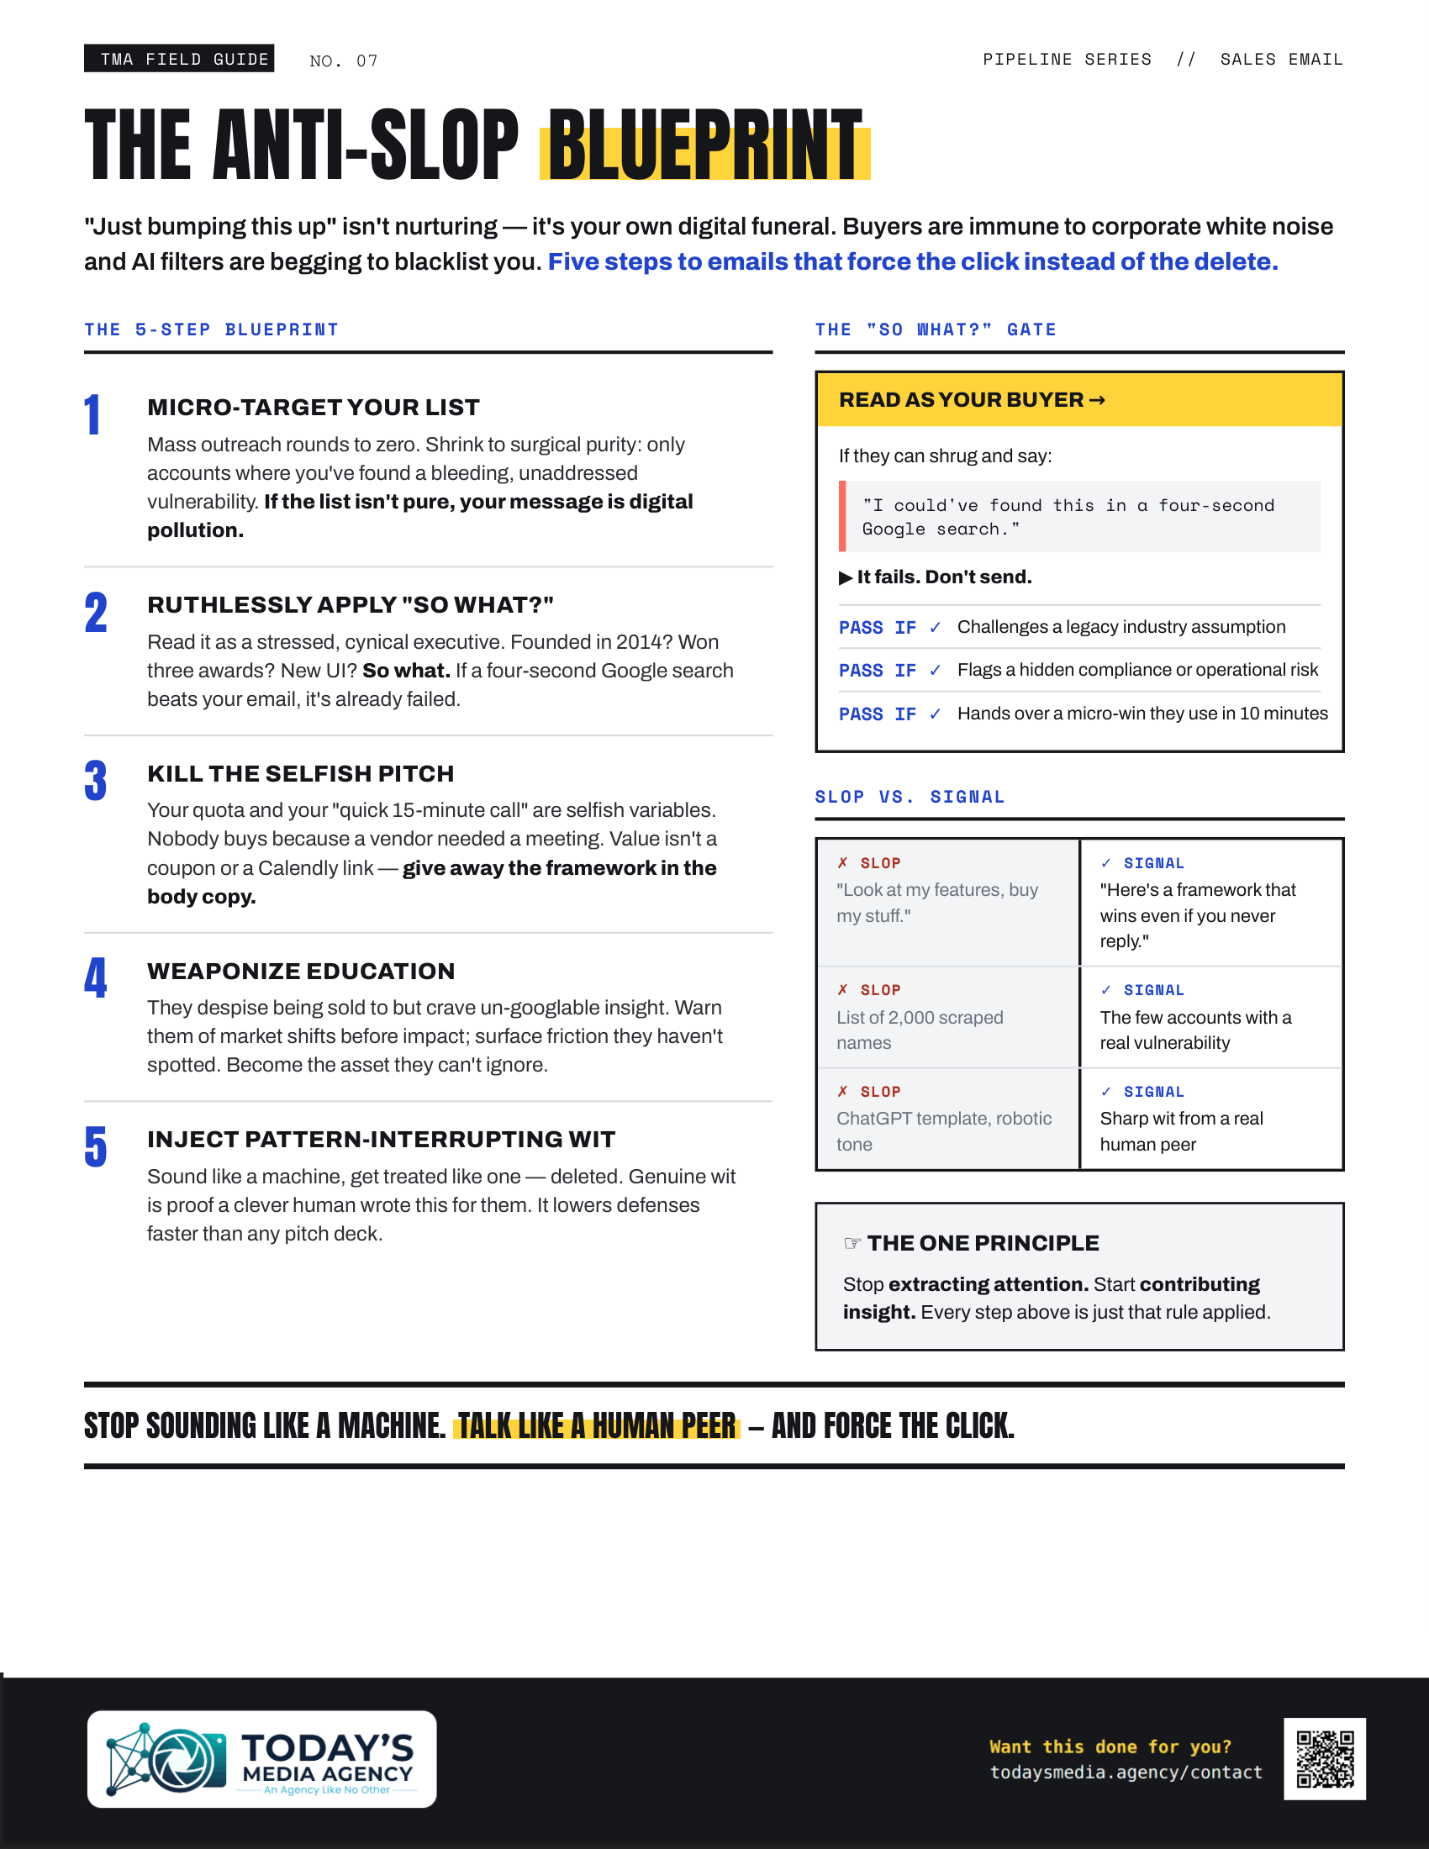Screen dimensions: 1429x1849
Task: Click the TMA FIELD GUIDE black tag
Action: click(178, 59)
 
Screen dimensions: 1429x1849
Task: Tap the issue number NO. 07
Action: click(344, 61)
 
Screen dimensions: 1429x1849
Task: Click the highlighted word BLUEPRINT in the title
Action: click(705, 144)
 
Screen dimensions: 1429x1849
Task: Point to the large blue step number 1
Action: click(93, 415)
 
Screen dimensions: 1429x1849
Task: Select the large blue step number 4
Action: click(96, 977)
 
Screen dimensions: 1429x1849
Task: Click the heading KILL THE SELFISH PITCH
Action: click(301, 774)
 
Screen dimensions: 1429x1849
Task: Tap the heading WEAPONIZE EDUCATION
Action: click(302, 971)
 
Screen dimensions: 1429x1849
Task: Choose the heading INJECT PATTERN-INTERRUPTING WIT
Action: click(381, 1140)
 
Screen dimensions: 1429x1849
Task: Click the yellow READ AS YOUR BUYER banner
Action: click(1079, 399)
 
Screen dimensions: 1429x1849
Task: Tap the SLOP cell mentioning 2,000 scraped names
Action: click(947, 1017)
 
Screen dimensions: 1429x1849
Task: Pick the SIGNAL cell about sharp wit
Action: click(1211, 1119)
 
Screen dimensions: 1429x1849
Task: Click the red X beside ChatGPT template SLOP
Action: click(842, 1091)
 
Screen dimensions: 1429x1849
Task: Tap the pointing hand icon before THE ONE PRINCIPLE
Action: click(852, 1243)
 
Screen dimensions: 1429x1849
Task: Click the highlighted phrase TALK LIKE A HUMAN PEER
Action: click(597, 1426)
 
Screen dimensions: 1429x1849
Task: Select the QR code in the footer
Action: click(1325, 1758)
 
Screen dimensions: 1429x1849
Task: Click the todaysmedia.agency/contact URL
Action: click(1126, 1773)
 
